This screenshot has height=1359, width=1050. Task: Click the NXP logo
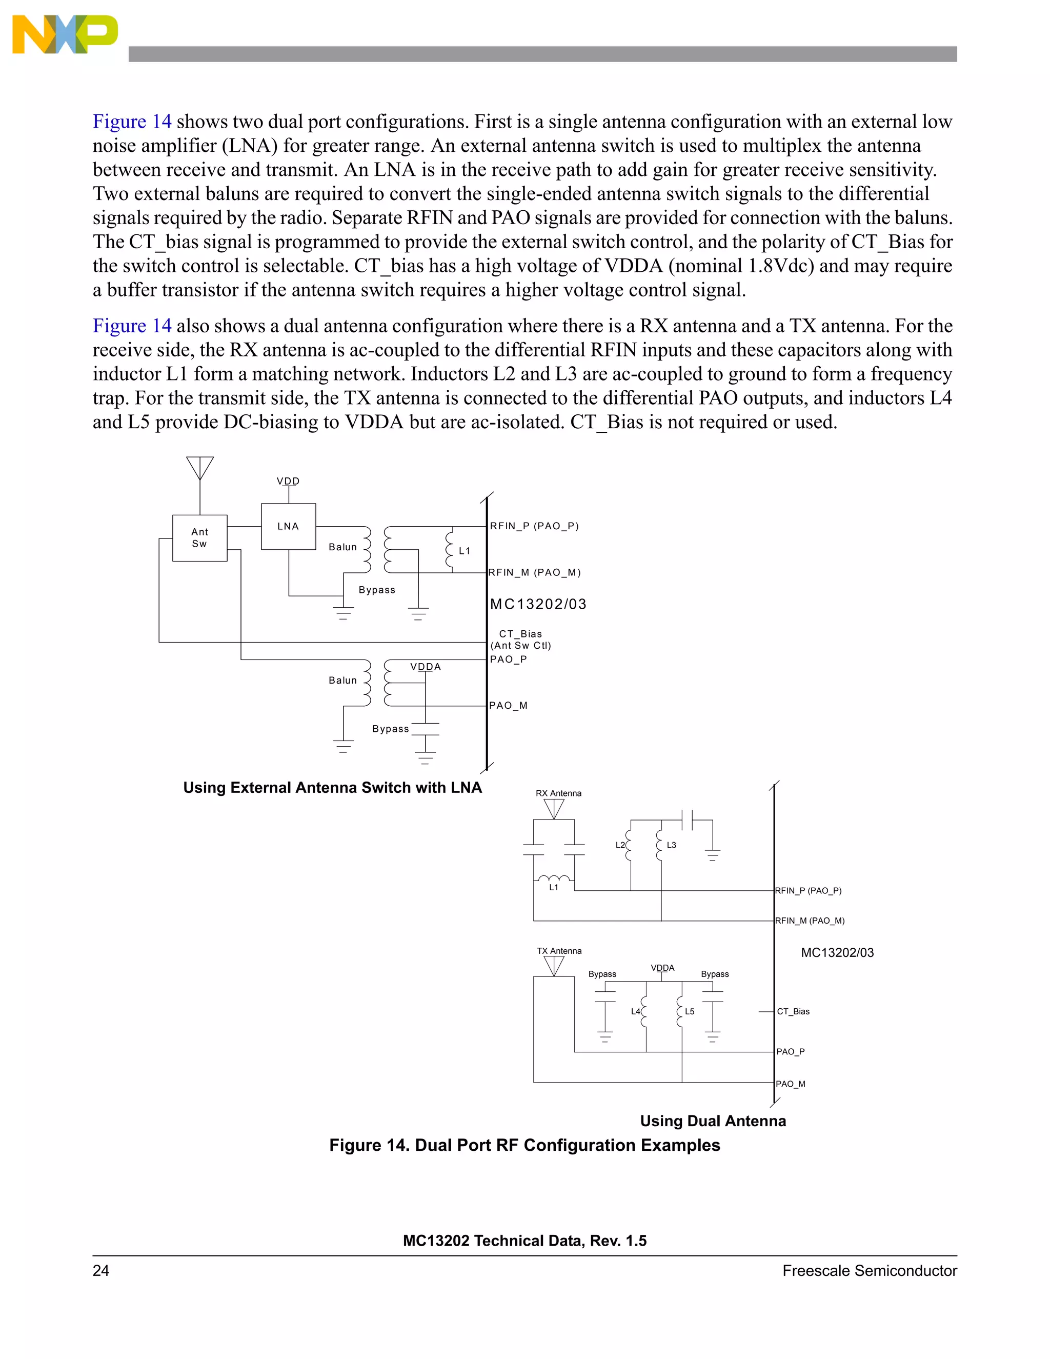[x=64, y=35]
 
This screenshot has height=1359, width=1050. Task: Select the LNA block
[x=288, y=527]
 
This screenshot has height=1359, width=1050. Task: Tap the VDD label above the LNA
[x=288, y=481]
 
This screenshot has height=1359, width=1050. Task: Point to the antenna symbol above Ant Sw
[x=199, y=468]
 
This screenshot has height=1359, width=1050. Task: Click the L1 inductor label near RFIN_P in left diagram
[x=465, y=551]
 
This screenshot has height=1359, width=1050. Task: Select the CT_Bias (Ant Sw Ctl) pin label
[x=521, y=639]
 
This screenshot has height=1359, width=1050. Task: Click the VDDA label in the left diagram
[x=426, y=667]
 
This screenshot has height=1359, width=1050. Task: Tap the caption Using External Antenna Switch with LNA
[x=332, y=788]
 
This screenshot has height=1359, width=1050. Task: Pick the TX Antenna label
[x=559, y=951]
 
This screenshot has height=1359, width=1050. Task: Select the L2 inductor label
[x=619, y=845]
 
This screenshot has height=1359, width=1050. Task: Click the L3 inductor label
[x=671, y=845]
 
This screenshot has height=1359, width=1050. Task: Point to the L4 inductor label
[x=635, y=1012]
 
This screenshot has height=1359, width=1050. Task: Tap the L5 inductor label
[x=689, y=1012]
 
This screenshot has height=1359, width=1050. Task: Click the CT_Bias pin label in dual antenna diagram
[x=793, y=1012]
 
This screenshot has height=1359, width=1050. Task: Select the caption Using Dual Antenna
[x=713, y=1121]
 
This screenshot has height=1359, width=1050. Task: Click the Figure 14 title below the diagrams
[x=524, y=1145]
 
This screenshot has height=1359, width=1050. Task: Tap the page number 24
[x=101, y=1271]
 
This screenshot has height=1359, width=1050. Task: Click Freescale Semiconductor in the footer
[x=869, y=1271]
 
